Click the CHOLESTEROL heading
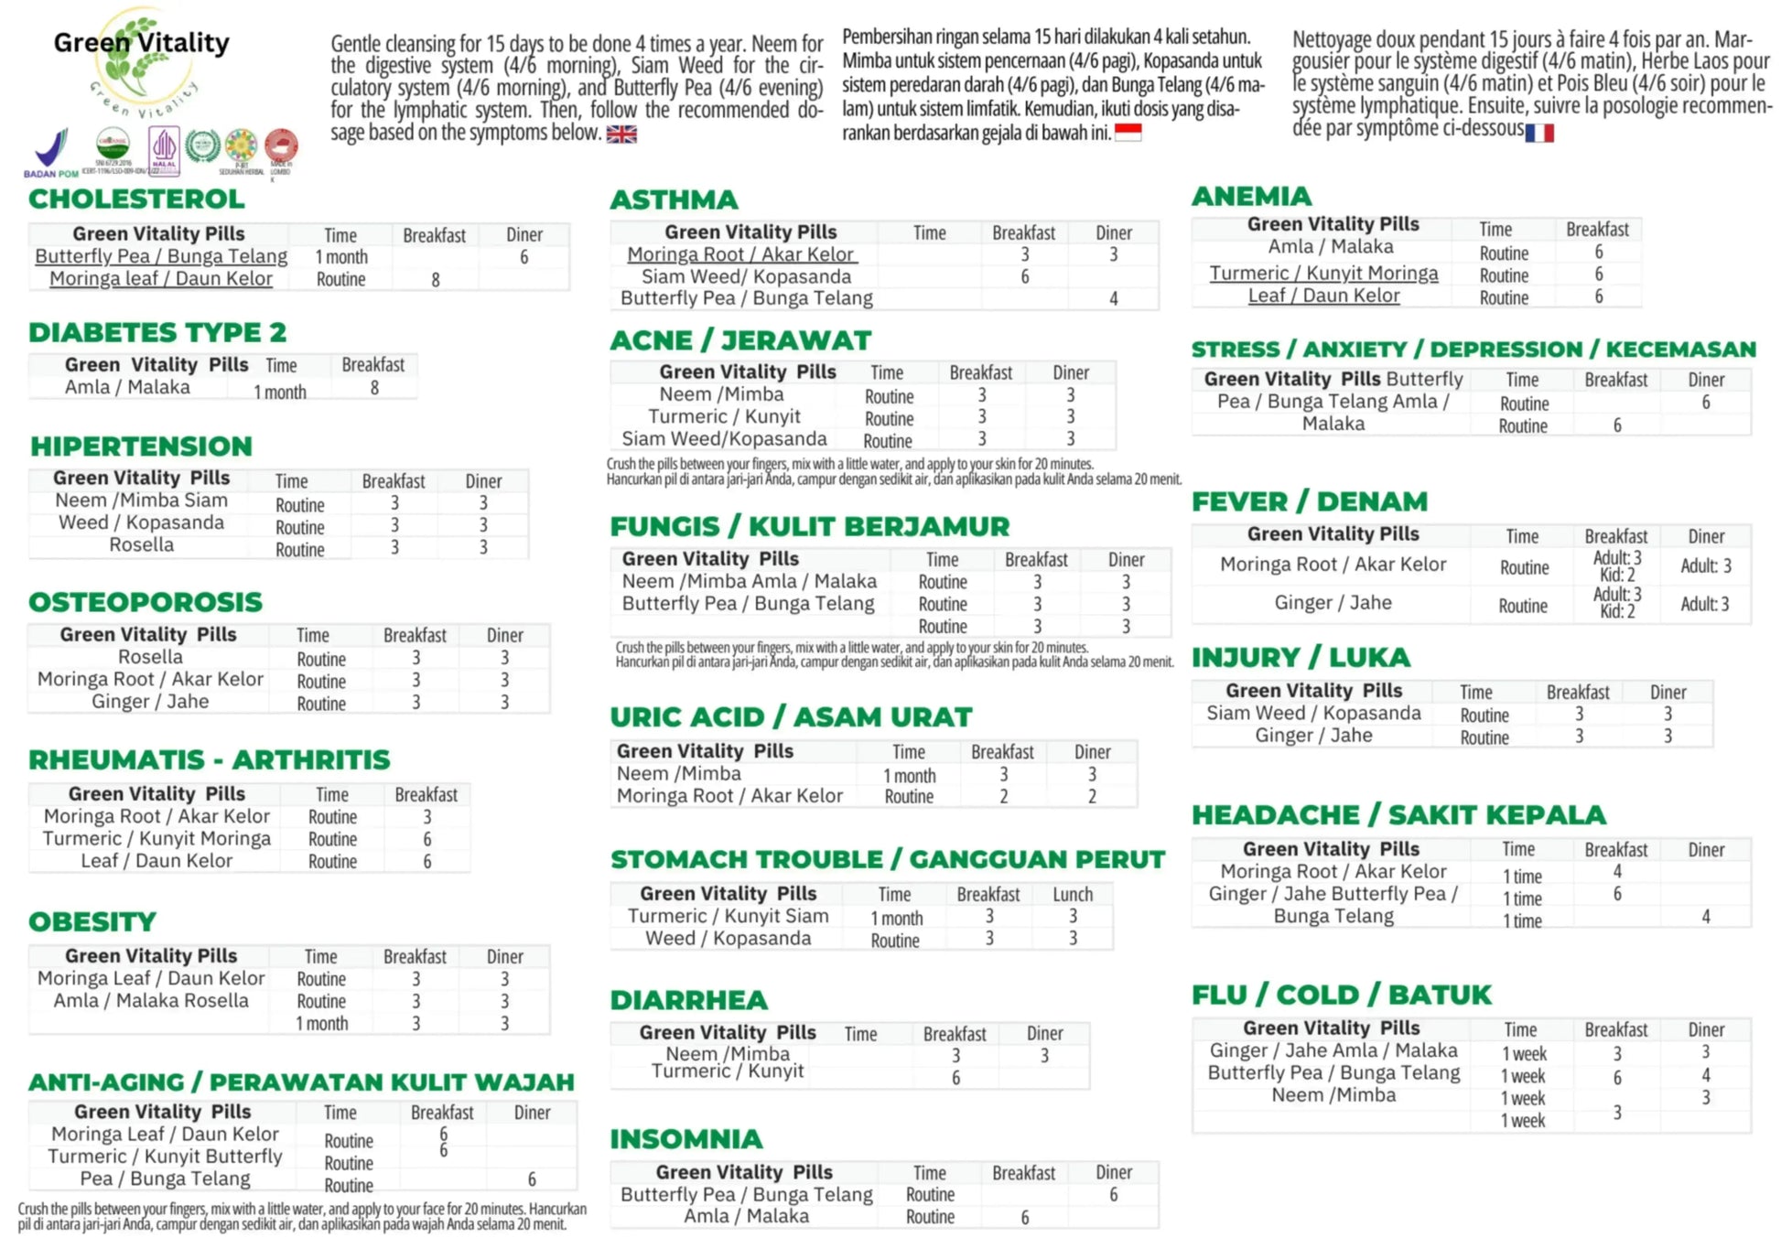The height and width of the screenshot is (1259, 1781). coord(136,199)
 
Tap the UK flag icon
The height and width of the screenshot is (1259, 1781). coord(621,135)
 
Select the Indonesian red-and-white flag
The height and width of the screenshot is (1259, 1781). coord(1128,133)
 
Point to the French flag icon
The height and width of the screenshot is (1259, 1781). coord(1539,133)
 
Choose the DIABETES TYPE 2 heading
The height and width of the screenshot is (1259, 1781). coord(157,332)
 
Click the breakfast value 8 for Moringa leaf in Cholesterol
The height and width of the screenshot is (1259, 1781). coord(436,280)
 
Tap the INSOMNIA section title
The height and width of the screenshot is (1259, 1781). coord(686,1139)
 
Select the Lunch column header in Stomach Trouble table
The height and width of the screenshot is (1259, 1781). coord(1073,894)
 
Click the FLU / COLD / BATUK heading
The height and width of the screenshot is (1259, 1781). coord(1342,995)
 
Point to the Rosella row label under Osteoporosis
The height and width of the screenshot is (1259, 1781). coord(150,657)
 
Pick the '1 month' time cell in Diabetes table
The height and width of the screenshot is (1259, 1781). coord(280,392)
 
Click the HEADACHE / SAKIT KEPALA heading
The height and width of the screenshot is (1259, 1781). coord(1398,814)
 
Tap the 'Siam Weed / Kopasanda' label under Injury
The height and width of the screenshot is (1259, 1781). coord(1313,714)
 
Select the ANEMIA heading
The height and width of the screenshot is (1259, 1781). coord(1251,196)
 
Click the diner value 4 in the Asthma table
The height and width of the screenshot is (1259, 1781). coord(1114,298)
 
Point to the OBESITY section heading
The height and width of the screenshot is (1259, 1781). coord(92,921)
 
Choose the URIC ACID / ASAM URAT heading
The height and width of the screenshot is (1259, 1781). coord(791,716)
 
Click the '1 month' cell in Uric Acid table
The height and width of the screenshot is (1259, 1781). coord(909,775)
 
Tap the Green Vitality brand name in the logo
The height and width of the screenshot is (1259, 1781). coord(142,42)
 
